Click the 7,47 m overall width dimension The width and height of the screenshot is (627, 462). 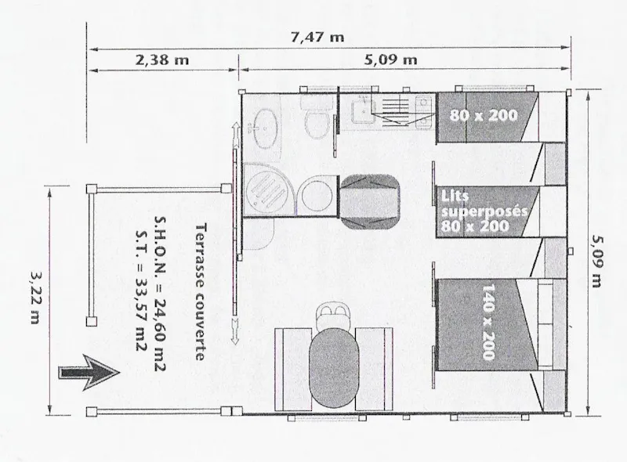tap(317, 37)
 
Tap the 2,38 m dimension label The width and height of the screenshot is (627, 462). tap(162, 60)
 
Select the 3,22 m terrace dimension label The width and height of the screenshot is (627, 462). tap(36, 298)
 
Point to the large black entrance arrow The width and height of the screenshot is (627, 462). tap(89, 372)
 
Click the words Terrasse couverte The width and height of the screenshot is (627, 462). tap(201, 291)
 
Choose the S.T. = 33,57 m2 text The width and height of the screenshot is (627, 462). tap(141, 291)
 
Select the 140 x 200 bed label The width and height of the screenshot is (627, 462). tap(488, 322)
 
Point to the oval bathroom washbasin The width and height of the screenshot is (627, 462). tap(265, 128)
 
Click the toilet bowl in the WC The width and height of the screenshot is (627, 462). tap(316, 125)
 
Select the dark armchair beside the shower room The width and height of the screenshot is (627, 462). tap(369, 202)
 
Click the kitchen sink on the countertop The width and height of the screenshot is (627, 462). tap(363, 110)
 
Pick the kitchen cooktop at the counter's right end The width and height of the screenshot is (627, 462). tap(424, 113)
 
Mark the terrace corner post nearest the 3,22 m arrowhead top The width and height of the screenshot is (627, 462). tap(92, 188)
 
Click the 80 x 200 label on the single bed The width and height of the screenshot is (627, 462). tap(484, 116)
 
